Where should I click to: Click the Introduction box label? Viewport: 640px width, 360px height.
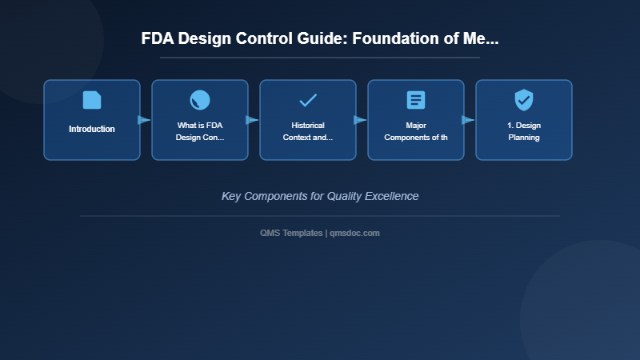92,129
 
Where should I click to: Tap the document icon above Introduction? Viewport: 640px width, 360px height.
92,100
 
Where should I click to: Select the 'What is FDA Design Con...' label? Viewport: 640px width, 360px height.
200,131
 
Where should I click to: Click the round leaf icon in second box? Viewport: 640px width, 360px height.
200,100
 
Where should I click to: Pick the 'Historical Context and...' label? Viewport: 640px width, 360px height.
308,131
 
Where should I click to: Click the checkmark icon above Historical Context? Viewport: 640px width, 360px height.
308,100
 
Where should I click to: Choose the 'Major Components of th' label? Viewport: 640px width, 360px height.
416,131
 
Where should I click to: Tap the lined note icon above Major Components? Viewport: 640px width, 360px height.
416,100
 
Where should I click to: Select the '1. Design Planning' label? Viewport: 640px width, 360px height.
524,131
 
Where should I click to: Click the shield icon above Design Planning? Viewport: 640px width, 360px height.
524,100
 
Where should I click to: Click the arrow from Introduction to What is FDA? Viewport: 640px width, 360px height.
144,120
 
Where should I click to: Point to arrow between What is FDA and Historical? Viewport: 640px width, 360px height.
252,120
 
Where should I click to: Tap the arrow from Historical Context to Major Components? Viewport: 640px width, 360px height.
360,120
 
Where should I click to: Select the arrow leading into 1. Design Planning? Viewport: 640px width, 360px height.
468,120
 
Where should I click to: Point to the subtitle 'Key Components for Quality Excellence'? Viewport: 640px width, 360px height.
320,196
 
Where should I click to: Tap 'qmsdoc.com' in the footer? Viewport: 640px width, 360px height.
354,233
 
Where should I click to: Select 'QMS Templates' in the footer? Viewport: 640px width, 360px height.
291,233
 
